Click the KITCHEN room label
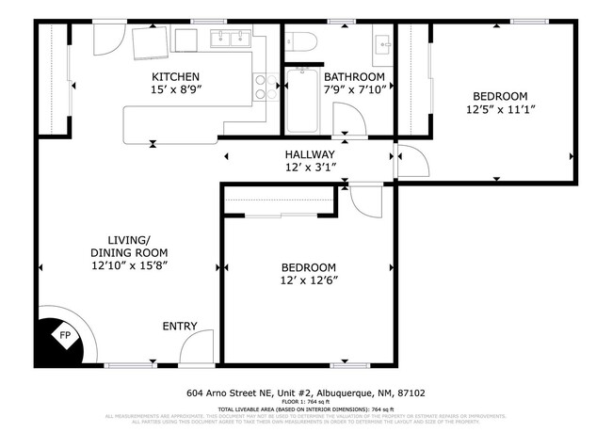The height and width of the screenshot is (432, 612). point(176,76)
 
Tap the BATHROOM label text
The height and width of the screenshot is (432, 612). point(354,76)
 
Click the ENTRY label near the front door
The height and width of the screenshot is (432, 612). point(180,327)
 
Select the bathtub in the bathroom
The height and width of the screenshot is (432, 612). point(302,101)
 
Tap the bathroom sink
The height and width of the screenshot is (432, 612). point(384,43)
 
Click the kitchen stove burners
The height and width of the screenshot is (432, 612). point(263,87)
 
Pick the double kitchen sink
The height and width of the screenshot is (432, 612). point(229,39)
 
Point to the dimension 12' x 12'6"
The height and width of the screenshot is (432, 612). point(308,280)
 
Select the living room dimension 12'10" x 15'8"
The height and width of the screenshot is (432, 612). point(129,265)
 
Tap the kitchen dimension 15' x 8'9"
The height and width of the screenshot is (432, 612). point(176,90)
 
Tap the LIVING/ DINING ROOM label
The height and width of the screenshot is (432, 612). point(129,245)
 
